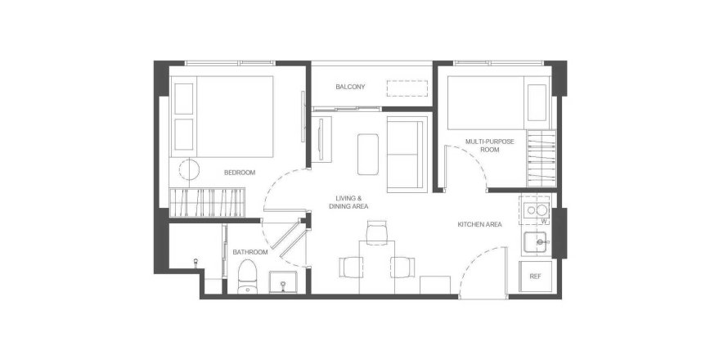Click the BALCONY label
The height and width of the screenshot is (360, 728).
(351, 87)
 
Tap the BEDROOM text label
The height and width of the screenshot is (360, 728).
(240, 173)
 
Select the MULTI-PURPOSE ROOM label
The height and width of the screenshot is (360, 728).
(490, 146)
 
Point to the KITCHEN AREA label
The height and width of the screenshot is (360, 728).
(479, 224)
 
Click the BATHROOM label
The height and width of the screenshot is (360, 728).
(250, 252)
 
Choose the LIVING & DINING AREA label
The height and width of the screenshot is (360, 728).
(348, 202)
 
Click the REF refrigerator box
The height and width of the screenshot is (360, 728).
(535, 277)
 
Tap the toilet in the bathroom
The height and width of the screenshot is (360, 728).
(248, 277)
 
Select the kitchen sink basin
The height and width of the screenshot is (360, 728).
(535, 242)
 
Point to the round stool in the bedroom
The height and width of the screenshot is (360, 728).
(189, 169)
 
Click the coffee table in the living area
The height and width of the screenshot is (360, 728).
(368, 154)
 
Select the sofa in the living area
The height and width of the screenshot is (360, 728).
(407, 154)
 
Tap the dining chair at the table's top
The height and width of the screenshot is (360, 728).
(376, 232)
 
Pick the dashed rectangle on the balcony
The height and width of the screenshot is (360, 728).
(407, 88)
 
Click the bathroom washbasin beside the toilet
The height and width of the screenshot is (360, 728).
(283, 282)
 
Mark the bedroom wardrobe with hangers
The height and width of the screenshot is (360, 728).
(207, 203)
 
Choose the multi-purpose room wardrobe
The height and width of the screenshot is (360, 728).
(542, 159)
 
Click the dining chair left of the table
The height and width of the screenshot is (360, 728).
(351, 267)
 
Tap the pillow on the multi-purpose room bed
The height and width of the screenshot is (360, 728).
(537, 102)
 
